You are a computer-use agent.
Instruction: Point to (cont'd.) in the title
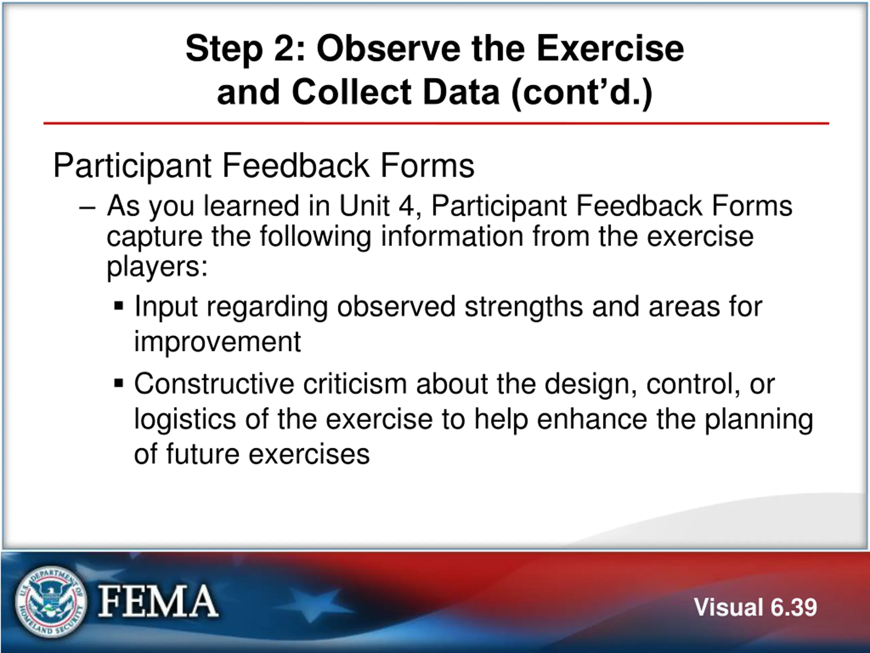(582, 94)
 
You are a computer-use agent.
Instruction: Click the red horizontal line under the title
(436, 123)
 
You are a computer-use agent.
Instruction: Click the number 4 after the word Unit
(407, 206)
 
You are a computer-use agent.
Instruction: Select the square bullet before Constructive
(118, 383)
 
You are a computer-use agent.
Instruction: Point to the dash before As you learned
(87, 208)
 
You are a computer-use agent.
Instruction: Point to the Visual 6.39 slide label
(755, 607)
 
